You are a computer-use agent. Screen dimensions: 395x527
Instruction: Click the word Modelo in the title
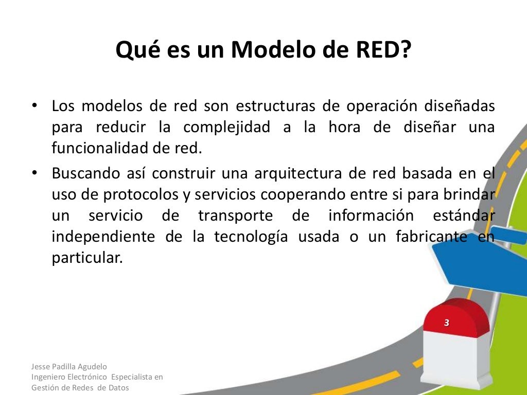(x=276, y=50)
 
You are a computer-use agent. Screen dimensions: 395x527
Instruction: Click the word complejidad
(x=227, y=127)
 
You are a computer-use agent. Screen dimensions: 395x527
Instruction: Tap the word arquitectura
(x=298, y=173)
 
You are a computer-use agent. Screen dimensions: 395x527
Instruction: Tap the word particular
(x=87, y=258)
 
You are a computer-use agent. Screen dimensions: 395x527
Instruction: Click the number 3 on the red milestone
(x=447, y=323)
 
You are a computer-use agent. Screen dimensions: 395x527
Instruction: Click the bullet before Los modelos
(x=34, y=106)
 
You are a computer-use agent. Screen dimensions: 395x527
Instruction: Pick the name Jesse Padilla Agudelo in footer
(x=69, y=367)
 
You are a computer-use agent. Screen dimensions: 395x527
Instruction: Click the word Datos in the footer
(x=119, y=387)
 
